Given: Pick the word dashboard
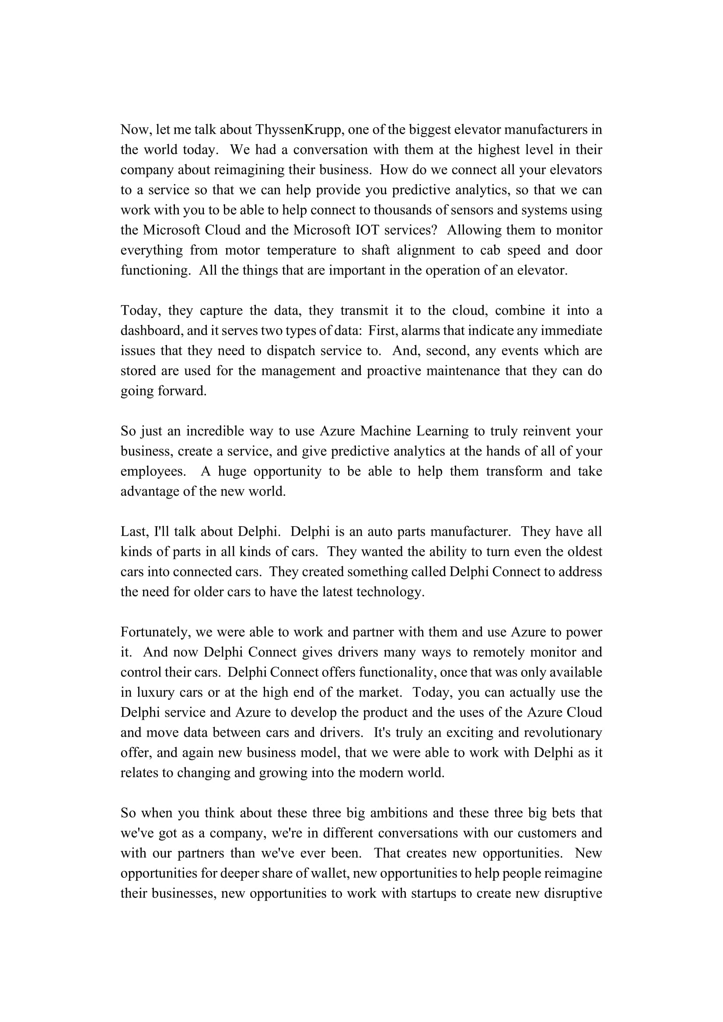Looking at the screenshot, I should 150,331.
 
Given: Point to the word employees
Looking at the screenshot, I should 153,471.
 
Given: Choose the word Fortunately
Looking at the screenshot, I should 154,632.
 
